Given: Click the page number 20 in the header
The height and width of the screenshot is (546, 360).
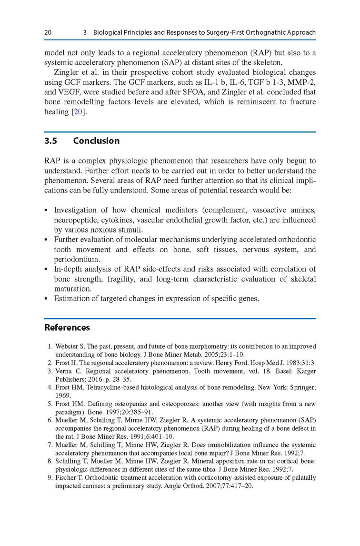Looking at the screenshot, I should (48, 33).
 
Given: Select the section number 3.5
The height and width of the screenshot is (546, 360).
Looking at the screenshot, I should (51, 141).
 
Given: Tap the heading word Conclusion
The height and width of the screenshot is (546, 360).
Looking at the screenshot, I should (96, 141).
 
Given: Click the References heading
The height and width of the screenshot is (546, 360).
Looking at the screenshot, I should (67, 328).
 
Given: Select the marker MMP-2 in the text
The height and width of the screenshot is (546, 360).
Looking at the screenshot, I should (300, 82).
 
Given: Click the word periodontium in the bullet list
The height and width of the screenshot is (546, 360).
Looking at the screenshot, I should (77, 259).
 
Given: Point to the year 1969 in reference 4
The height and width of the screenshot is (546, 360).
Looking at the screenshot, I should (62, 395).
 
